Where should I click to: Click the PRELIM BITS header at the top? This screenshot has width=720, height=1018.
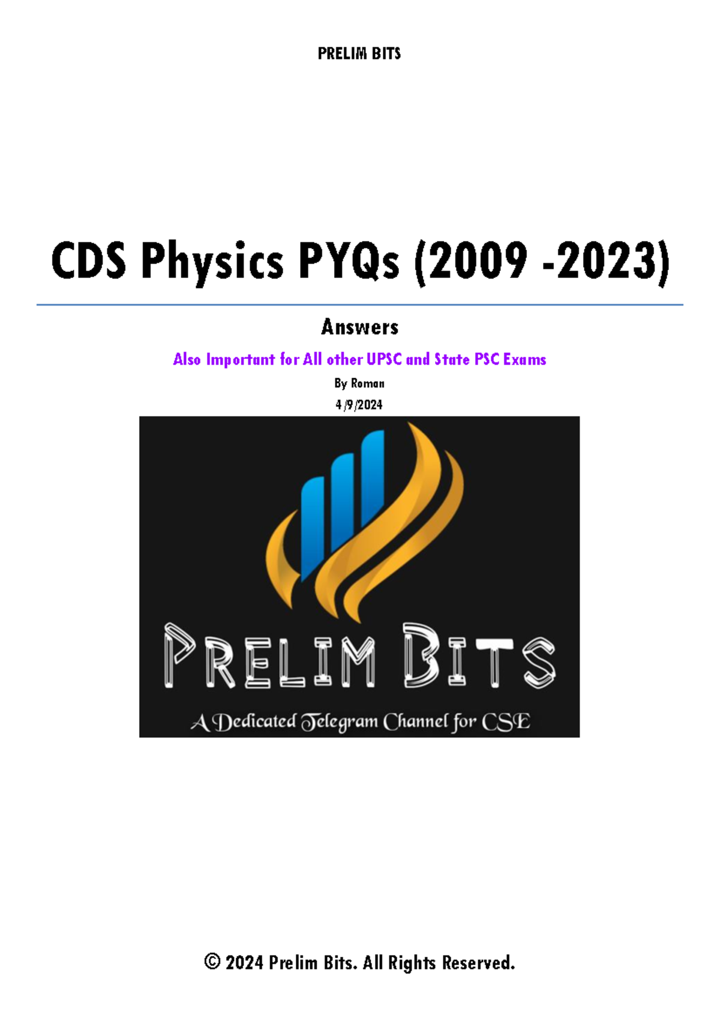click(x=359, y=54)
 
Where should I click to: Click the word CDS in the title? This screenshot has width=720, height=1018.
click(x=89, y=262)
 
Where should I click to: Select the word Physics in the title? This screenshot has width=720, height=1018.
click(x=212, y=262)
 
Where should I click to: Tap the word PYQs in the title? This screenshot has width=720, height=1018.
click(x=349, y=262)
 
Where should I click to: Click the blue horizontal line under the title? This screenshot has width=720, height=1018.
click(x=360, y=305)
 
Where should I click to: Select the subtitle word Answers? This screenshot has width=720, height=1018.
click(x=359, y=327)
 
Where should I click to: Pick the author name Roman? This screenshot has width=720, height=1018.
click(x=367, y=383)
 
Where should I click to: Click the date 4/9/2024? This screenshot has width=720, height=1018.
click(x=359, y=405)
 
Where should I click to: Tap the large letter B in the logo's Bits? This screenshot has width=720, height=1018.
click(x=421, y=655)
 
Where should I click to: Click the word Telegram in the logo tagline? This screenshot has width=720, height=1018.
click(x=340, y=721)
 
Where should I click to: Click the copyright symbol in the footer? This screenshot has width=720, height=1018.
click(x=212, y=962)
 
